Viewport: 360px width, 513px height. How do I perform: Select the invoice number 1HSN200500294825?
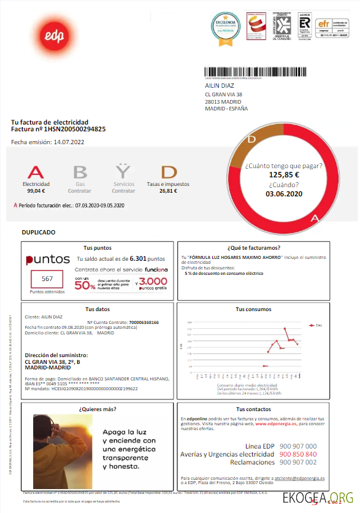[x=75, y=129]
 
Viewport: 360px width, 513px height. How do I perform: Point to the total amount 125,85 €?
[x=283, y=174]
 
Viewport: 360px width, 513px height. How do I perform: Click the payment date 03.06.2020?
[x=283, y=194]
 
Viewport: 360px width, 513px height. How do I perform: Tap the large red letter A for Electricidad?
[x=36, y=172]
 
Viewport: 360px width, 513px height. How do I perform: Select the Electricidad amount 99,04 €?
[x=36, y=191]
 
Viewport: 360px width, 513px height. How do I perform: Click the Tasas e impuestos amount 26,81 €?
[x=167, y=191]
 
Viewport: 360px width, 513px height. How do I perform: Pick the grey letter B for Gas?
[x=80, y=172]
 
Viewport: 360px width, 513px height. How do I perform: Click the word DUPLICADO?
[x=39, y=233]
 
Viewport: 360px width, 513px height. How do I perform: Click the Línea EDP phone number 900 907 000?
[x=297, y=446]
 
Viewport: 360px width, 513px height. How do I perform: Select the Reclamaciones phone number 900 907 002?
[x=297, y=462]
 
